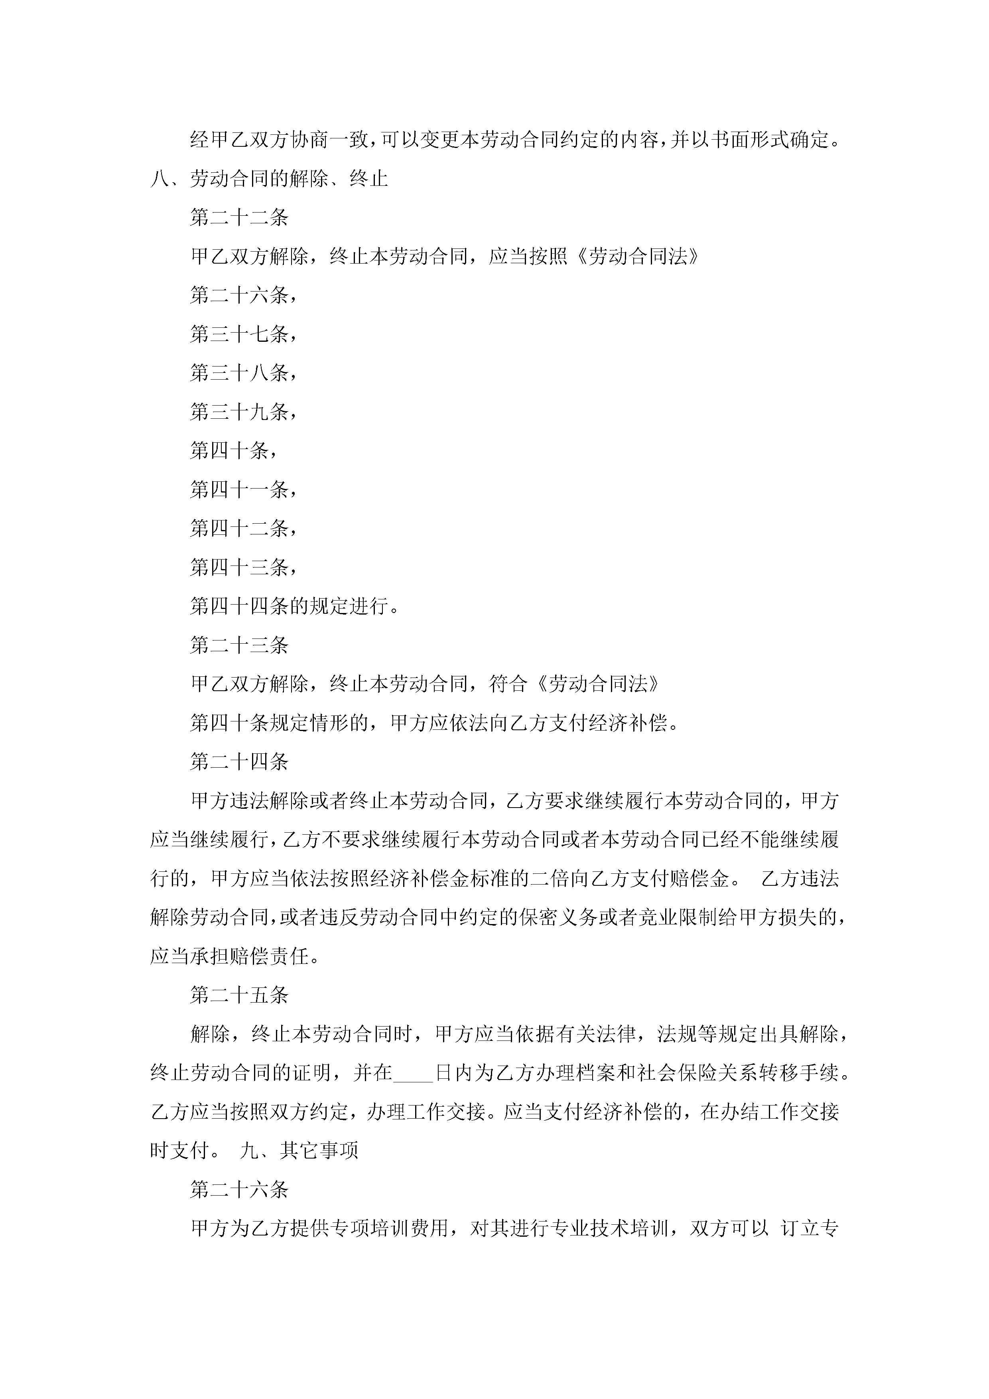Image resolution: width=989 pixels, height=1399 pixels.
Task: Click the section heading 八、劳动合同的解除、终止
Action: (x=269, y=179)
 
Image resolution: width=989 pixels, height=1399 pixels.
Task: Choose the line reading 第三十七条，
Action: (x=243, y=334)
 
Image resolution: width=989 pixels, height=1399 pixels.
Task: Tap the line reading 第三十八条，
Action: (x=243, y=373)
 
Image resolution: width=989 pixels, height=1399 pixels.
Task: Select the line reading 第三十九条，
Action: (x=243, y=412)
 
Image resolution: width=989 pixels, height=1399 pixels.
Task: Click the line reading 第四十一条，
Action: (x=243, y=489)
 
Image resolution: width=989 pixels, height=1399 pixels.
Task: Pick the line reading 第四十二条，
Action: (x=243, y=528)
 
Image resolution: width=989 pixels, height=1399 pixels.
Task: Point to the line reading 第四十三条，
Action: (x=243, y=567)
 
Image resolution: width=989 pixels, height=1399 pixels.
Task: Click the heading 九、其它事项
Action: (x=299, y=1151)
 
